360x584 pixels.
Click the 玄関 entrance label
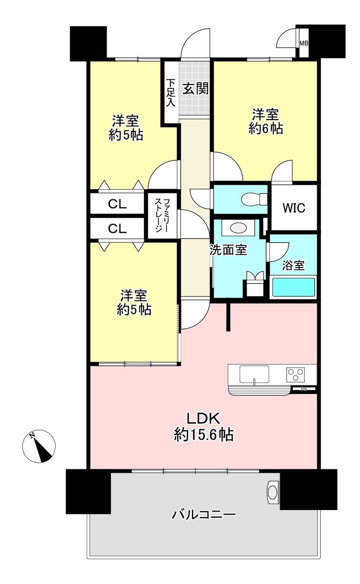tap(196, 88)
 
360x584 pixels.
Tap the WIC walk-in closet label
tap(294, 208)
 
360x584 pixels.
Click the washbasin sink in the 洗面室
tap(238, 228)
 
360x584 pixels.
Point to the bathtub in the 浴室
tap(293, 287)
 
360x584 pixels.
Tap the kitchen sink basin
tap(254, 374)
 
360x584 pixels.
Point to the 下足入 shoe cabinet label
tap(171, 92)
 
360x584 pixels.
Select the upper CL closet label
tap(117, 204)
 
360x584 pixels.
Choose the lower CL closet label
tap(117, 229)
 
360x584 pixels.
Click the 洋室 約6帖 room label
tap(266, 121)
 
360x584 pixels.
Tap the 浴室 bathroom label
tap(293, 265)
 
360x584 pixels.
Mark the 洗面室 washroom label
tap(229, 250)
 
